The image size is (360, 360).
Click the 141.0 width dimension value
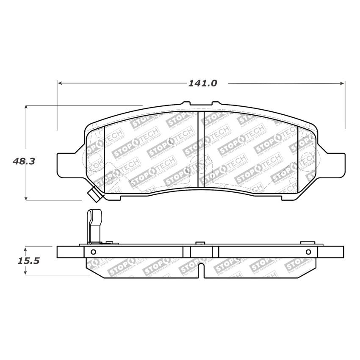pyautogui.click(x=202, y=83)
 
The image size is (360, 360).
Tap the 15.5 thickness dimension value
pyautogui.click(x=28, y=261)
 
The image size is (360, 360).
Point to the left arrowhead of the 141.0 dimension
pyautogui.click(x=60, y=83)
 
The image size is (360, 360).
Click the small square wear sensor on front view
pyautogui.click(x=93, y=195)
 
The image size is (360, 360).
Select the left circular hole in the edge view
pyautogui.click(x=94, y=252)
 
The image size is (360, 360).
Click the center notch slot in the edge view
pyautogui.click(x=201, y=271)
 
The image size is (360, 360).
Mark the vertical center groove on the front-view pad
pyautogui.click(x=201, y=148)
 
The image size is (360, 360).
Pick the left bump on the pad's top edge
pyautogui.click(x=186, y=103)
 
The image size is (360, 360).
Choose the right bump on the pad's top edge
pyautogui.click(x=216, y=103)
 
